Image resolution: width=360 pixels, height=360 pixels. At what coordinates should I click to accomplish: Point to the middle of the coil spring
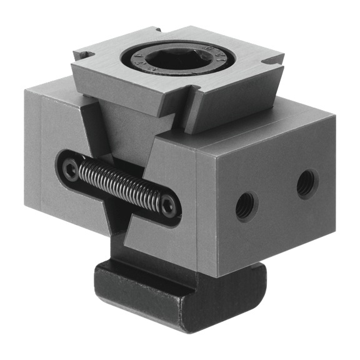(x=119, y=184)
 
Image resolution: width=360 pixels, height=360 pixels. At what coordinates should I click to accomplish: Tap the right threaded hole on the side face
(x=306, y=183)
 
